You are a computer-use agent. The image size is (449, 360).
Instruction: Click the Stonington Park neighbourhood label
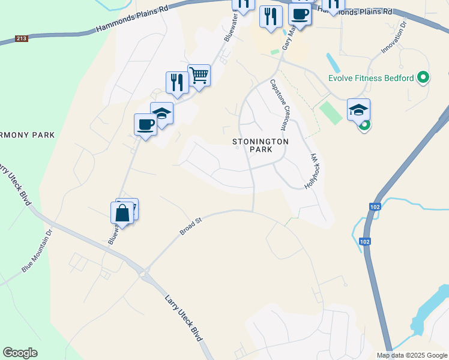click(x=261, y=146)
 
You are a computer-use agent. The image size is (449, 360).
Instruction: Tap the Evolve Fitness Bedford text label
click(x=371, y=78)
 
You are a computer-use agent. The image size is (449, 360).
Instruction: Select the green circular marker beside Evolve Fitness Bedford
click(x=423, y=77)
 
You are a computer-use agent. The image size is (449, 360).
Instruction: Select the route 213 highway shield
click(x=22, y=39)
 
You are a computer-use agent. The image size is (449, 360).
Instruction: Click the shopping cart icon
click(x=199, y=76)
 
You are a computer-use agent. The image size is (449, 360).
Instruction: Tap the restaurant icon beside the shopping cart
click(x=177, y=82)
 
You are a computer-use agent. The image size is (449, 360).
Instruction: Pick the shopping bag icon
click(x=122, y=213)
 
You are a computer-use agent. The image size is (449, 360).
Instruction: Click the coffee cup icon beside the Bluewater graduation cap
click(x=145, y=124)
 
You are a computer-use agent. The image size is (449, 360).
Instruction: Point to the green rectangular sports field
click(x=330, y=112)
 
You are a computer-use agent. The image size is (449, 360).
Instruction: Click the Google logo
click(x=20, y=353)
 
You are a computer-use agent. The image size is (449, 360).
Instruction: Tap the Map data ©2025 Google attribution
click(x=412, y=355)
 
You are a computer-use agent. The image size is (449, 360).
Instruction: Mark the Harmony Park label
click(x=26, y=134)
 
